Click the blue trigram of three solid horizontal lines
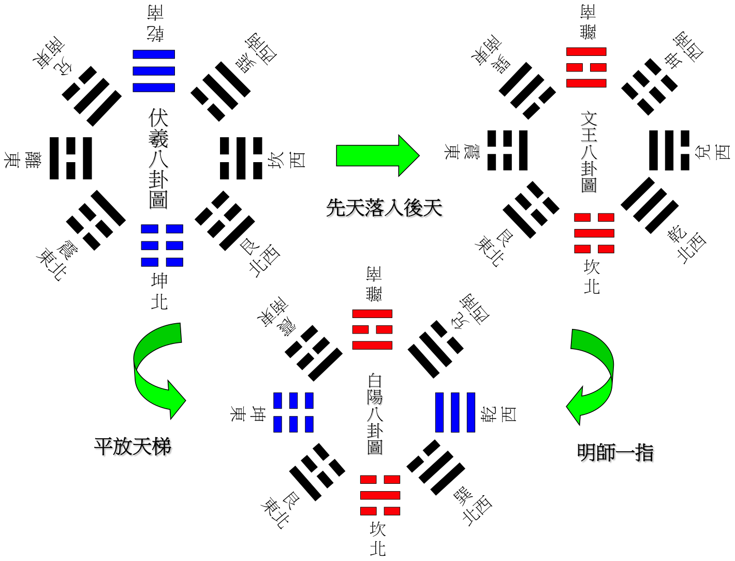[x=154, y=71]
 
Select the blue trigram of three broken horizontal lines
[x=162, y=246]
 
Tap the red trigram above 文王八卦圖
[x=586, y=67]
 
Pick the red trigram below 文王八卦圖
[x=594, y=233]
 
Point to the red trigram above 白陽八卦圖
[x=372, y=329]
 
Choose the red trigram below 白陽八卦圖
[x=380, y=495]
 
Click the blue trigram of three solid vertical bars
[x=455, y=412]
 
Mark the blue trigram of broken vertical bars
[x=293, y=412]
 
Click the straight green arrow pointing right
[x=377, y=155]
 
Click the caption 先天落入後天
[x=385, y=209]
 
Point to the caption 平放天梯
[x=134, y=448]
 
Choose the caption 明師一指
[x=616, y=454]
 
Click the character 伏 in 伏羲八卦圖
[x=159, y=119]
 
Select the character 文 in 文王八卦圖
[x=590, y=120]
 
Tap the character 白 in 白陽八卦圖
[x=375, y=381]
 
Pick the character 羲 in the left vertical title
[x=159, y=139]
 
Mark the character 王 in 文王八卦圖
[x=590, y=136]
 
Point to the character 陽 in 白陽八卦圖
[x=375, y=398]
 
